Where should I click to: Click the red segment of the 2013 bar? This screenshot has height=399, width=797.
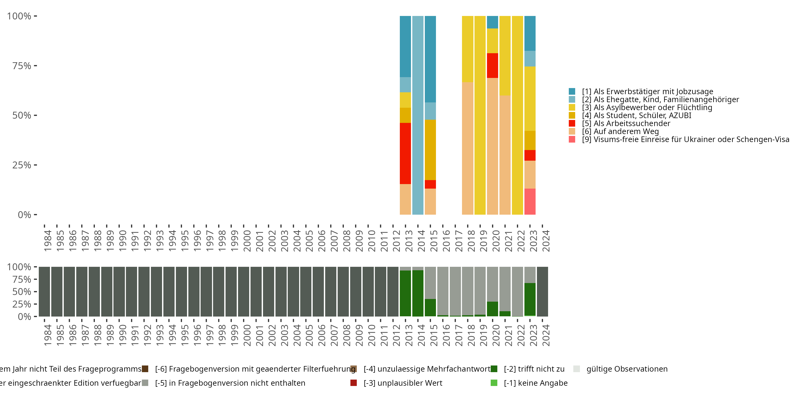click(x=405, y=153)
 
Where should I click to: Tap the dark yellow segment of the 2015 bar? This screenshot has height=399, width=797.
click(x=430, y=149)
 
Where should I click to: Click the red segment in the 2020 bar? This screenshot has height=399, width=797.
click(x=492, y=65)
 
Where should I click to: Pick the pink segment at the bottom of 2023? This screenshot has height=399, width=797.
click(x=530, y=201)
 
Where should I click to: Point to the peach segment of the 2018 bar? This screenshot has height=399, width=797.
click(x=468, y=148)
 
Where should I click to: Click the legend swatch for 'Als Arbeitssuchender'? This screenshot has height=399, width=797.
click(x=572, y=123)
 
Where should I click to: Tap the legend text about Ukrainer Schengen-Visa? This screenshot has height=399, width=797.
click(x=685, y=139)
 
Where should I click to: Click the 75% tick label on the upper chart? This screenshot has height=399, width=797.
click(x=22, y=66)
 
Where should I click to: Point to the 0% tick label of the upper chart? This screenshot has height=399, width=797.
click(x=24, y=215)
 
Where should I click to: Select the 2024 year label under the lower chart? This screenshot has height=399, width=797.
click(x=546, y=335)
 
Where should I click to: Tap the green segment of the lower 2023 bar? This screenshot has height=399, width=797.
click(x=530, y=299)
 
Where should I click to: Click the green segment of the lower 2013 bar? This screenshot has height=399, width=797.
click(x=405, y=293)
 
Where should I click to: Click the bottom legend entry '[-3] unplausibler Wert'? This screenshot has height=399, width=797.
click(x=403, y=383)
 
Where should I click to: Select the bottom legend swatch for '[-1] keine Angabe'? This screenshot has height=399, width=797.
click(x=494, y=383)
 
